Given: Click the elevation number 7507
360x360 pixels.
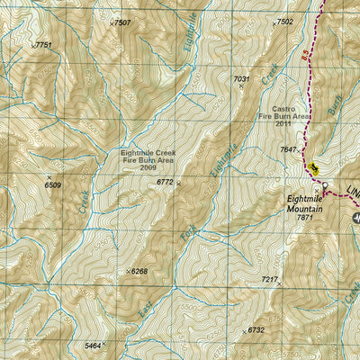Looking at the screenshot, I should pos(121,22).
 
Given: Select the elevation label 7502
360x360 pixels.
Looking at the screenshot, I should pos(284,22).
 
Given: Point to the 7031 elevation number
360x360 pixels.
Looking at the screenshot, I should pos(240,79).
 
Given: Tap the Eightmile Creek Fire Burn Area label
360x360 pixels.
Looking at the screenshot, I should pos(148,160).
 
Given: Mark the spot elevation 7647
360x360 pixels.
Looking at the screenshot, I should pos(288,149).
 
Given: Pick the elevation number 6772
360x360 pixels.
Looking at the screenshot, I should pos(164,182).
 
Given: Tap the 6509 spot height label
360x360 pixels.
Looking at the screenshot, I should pos(53,184).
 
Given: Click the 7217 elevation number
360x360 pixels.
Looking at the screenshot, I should pos(269,280).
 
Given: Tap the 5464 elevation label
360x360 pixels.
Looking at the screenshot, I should pos(92,346).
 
